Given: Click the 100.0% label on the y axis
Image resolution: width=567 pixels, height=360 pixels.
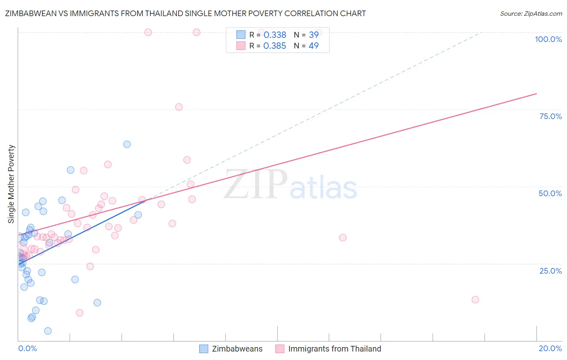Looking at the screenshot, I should tap(548, 39).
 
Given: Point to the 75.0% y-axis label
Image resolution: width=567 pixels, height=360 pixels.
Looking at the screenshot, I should tap(550, 116).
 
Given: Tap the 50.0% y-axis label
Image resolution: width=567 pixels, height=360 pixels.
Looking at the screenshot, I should tap(550, 193).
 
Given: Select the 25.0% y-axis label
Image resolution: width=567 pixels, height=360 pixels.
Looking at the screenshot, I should tap(550, 271).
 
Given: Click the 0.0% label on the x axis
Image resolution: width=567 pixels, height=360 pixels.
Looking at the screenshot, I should tap(27, 348).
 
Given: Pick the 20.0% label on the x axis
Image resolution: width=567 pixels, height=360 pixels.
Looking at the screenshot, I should tap(550, 348).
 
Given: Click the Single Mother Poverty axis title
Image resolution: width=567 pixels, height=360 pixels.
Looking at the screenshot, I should tap(11, 184).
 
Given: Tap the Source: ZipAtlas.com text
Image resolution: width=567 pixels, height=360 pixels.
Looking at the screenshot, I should tap(531, 13).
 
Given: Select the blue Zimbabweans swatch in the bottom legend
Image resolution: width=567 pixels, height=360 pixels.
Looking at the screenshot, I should tap(204, 349).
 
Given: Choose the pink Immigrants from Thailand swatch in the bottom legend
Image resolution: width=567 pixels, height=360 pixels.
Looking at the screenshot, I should tap(280, 349).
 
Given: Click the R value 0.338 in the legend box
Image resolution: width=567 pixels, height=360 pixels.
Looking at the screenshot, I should tap(275, 35).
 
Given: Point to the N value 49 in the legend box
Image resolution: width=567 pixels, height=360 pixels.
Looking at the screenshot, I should tap(313, 46).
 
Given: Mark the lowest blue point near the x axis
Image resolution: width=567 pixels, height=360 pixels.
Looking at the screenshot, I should tap(48, 331).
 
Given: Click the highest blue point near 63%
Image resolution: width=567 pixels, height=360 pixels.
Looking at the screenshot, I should tap(127, 144).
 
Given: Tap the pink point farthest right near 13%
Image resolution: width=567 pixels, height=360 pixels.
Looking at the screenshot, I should tap(475, 299).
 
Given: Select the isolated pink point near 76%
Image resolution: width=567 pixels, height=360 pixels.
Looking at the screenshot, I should tap(179, 107).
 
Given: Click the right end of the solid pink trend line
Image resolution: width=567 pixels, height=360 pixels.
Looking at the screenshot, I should tap(536, 94).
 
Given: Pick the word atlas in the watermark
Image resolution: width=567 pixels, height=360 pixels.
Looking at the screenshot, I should tap(323, 188).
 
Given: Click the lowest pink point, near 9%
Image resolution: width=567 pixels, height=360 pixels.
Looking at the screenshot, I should tap(79, 313).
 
